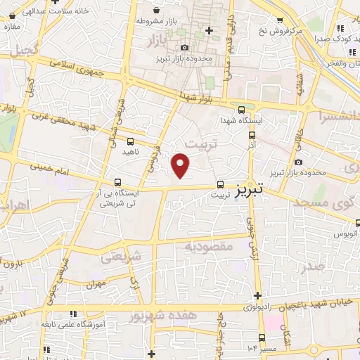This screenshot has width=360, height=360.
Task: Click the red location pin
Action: tap(181, 166)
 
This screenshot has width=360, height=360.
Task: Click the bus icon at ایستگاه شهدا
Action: tap(241, 110)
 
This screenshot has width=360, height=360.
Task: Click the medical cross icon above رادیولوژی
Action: tap(257, 295)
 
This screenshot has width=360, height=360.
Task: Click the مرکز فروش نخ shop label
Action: tap(279, 32)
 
